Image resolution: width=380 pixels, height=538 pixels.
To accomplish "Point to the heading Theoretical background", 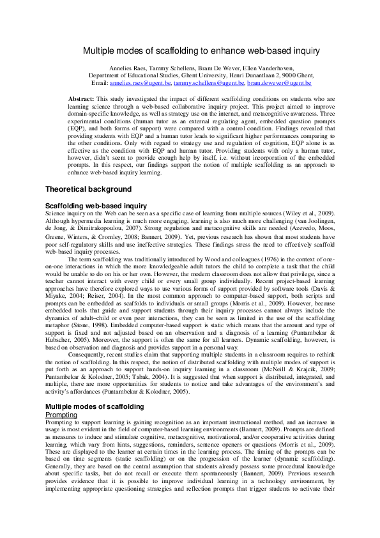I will [89, 189].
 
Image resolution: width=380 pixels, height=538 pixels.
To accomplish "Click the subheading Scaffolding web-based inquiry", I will [96, 205].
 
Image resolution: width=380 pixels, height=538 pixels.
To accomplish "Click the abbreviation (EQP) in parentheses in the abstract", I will [78, 128].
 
